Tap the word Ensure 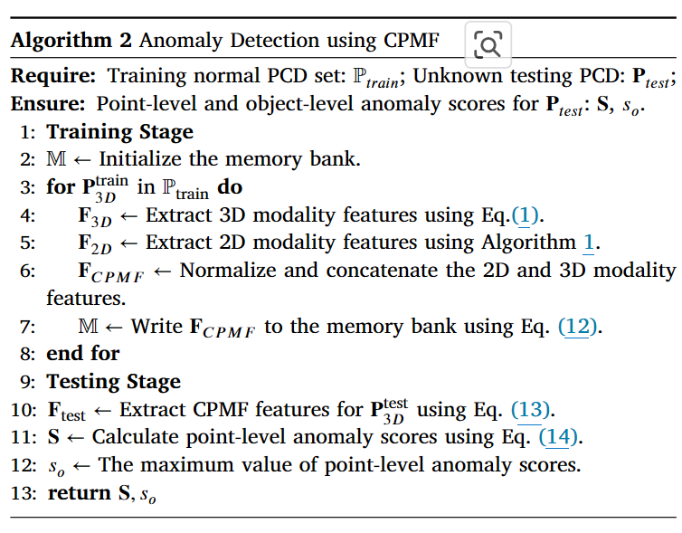point(48,103)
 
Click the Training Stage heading point(119,132)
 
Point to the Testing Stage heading point(113,381)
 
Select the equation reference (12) point(578,326)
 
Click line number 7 point(28,326)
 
